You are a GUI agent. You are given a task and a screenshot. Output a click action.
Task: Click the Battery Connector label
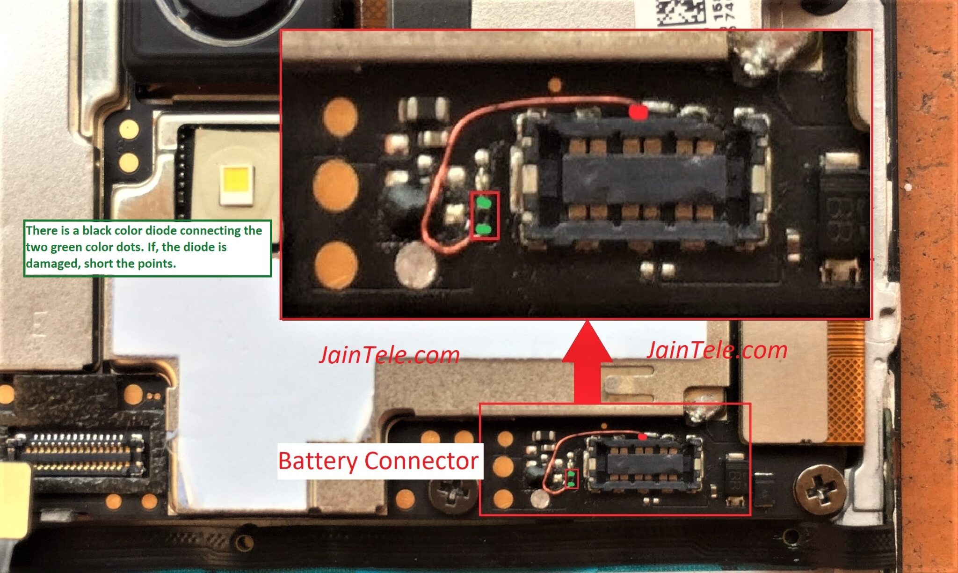(378, 461)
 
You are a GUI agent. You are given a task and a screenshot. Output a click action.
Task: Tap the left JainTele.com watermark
(389, 355)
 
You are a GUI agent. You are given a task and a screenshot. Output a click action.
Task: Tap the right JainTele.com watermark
(717, 350)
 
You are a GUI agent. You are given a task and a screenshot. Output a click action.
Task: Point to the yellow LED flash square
(236, 184)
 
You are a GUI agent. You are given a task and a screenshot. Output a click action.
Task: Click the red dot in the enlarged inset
(638, 112)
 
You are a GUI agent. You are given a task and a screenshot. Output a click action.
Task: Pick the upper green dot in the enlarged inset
(484, 204)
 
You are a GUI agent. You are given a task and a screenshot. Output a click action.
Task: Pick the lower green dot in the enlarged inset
(484, 229)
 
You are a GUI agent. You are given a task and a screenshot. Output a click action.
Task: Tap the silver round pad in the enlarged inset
(416, 264)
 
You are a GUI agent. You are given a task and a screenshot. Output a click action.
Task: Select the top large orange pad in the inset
(340, 117)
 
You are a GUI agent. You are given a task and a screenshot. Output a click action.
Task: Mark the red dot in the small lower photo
(643, 436)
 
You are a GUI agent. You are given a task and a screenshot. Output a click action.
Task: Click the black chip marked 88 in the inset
(842, 215)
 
